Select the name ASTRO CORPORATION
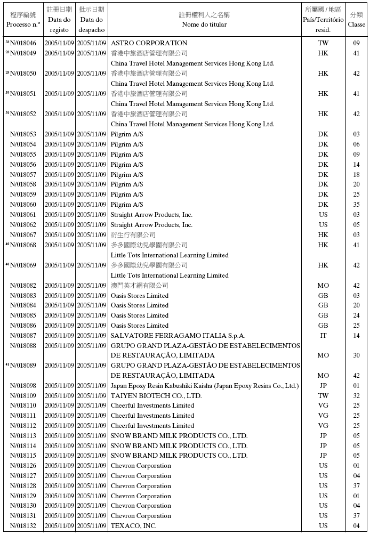tap(149, 43)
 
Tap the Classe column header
tap(357, 20)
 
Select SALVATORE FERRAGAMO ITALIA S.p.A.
tap(178, 336)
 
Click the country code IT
tap(323, 336)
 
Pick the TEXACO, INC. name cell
tap(133, 526)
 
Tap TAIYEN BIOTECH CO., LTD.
tap(156, 396)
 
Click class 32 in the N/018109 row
tap(356, 396)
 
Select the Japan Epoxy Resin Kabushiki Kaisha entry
tap(204, 386)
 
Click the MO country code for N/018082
tap(323, 286)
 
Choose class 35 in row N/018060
tap(356, 205)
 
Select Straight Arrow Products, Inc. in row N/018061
tap(151, 215)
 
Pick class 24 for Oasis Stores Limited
tap(356, 315)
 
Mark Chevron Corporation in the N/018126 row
tap(141, 466)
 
